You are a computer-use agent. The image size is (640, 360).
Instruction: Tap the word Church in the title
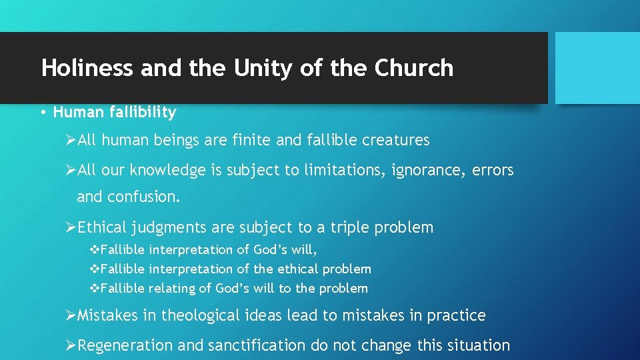(x=414, y=68)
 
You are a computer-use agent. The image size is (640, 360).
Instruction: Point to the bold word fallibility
(x=139, y=113)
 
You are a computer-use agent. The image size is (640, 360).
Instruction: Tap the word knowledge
(x=168, y=171)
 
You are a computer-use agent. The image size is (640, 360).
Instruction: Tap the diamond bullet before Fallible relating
(x=94, y=289)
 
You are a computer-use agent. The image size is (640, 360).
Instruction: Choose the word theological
(x=205, y=315)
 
